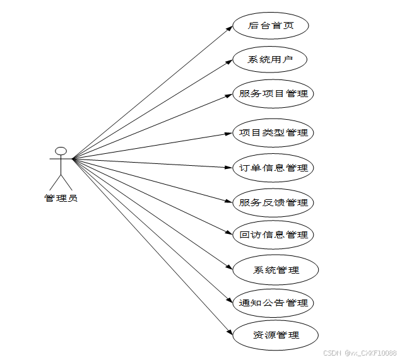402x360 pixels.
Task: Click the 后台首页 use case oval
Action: pos(270,26)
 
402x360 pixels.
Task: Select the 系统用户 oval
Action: pos(270,60)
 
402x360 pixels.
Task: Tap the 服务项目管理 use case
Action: pos(273,93)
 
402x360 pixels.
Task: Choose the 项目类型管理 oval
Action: pos(273,132)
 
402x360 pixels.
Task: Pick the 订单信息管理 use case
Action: pos(273,168)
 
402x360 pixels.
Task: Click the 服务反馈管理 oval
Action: pos(273,202)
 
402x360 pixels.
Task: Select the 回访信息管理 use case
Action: pos(273,235)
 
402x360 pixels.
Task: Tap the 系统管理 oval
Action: pos(276,270)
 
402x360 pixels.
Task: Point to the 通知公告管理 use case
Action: pos(273,303)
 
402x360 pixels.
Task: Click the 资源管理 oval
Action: pos(276,335)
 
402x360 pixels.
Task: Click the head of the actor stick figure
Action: pos(61,151)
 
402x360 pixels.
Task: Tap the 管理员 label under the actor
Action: pos(61,199)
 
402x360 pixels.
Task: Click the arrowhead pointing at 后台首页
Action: pos(229,28)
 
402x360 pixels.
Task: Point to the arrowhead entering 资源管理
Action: pos(230,331)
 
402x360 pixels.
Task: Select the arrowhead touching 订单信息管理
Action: pos(230,168)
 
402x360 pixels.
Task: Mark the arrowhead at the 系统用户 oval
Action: pos(229,62)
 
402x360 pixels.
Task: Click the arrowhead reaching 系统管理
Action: pos(230,267)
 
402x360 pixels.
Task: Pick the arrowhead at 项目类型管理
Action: pos(230,133)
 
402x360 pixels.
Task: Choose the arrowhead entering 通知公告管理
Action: pos(230,299)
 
